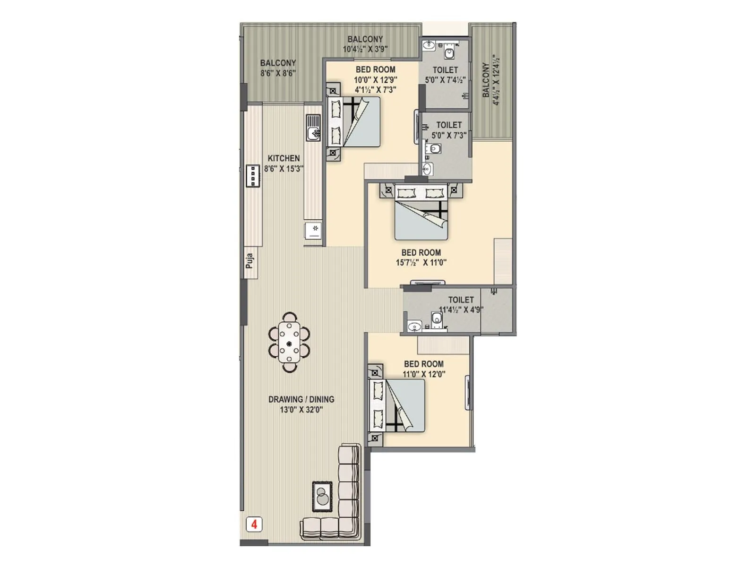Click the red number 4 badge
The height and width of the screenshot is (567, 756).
pyautogui.click(x=254, y=524)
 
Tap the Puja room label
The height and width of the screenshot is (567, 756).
pyautogui.click(x=250, y=261)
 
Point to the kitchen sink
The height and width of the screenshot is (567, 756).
pyautogui.click(x=313, y=128)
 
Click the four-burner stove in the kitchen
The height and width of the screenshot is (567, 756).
pyautogui.click(x=253, y=176)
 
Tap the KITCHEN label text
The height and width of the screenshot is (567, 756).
pyautogui.click(x=283, y=158)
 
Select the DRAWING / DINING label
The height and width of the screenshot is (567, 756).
pyautogui.click(x=301, y=399)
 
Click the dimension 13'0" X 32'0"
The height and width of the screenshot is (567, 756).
pyautogui.click(x=301, y=410)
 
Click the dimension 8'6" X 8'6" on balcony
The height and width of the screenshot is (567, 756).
pyautogui.click(x=278, y=73)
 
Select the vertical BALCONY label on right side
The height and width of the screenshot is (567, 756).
pyautogui.click(x=486, y=80)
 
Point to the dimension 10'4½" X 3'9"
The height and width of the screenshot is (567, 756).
pyautogui.click(x=365, y=49)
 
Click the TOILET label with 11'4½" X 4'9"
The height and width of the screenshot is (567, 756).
pyautogui.click(x=461, y=300)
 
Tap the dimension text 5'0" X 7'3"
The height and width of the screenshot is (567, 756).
pyautogui.click(x=449, y=135)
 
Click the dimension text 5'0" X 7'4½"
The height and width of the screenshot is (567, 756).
pyautogui.click(x=445, y=80)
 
